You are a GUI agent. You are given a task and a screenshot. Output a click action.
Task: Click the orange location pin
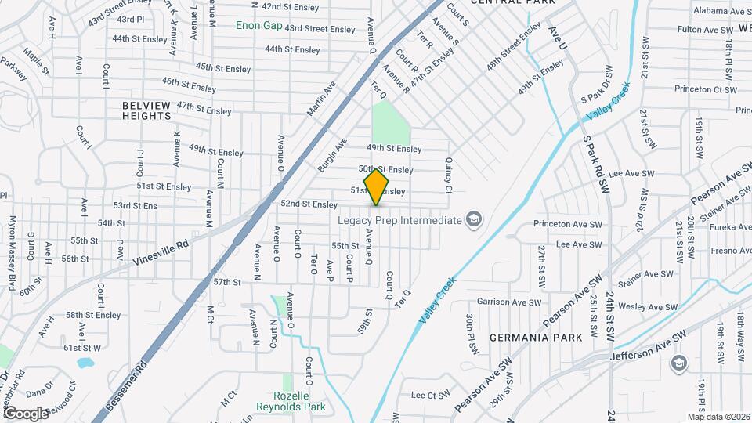[x=377, y=186]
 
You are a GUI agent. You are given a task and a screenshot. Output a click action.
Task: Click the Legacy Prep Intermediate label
[x=399, y=220]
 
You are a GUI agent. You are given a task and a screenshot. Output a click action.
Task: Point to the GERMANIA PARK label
[x=536, y=338]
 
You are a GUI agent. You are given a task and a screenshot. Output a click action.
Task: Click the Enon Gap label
[x=259, y=25]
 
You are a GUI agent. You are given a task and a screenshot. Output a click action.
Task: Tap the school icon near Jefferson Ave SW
[x=678, y=363]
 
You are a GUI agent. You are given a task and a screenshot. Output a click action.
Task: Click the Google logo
[x=25, y=413]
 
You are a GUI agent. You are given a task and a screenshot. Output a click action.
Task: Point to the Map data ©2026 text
[x=718, y=417]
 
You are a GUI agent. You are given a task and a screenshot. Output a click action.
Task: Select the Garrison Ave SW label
[x=509, y=302]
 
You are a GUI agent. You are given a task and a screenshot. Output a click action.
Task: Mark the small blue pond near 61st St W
[x=85, y=363]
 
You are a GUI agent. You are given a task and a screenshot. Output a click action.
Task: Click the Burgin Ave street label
[x=332, y=155]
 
